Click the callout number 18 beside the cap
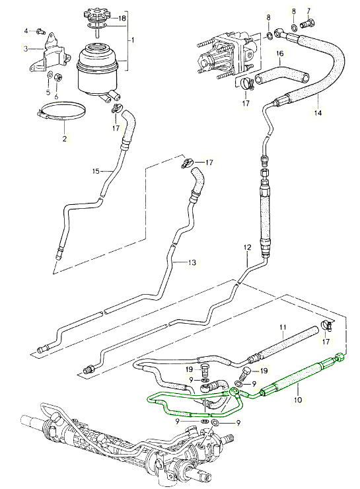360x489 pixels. coord(122,18)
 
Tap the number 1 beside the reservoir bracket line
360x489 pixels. coord(133,40)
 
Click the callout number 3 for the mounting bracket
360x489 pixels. coord(26,48)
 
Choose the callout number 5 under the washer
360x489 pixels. coord(48,93)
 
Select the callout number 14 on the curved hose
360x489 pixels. coord(318,112)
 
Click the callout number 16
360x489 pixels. coord(280,54)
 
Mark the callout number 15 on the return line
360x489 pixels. coord(96,171)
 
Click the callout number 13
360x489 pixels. coord(192,262)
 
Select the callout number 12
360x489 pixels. coord(247,248)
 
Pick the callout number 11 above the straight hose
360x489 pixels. coord(283,328)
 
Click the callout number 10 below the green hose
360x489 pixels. coord(299,400)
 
